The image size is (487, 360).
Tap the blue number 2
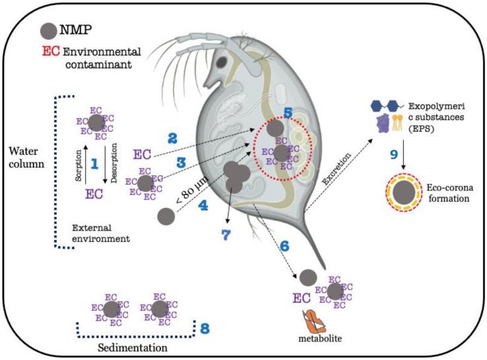172,139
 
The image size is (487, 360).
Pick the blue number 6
284,245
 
